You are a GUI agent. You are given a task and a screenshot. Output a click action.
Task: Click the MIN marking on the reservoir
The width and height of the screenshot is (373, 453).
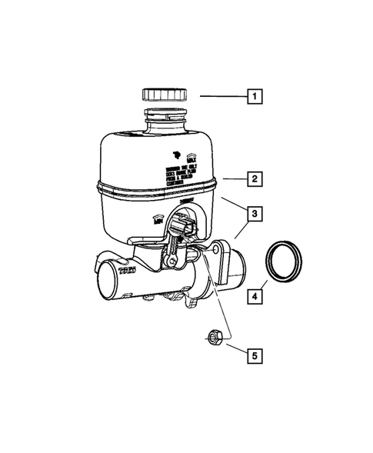[159, 220]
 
